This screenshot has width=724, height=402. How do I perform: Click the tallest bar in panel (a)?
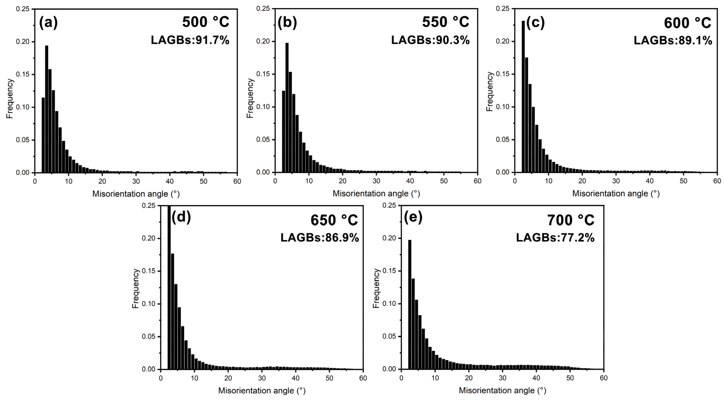pos(47,109)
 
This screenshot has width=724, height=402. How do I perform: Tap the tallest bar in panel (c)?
pos(523,97)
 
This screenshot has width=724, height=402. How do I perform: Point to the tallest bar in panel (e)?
pos(409,305)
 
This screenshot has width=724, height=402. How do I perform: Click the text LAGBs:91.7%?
pos(190,40)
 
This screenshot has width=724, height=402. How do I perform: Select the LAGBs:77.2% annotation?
pos(555,238)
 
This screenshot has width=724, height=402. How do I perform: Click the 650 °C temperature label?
pos(334,220)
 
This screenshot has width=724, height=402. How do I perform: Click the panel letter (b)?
pos(287,22)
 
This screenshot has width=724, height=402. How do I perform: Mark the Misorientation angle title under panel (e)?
pos(502,390)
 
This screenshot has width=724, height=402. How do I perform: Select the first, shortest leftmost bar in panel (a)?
pos(43,135)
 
